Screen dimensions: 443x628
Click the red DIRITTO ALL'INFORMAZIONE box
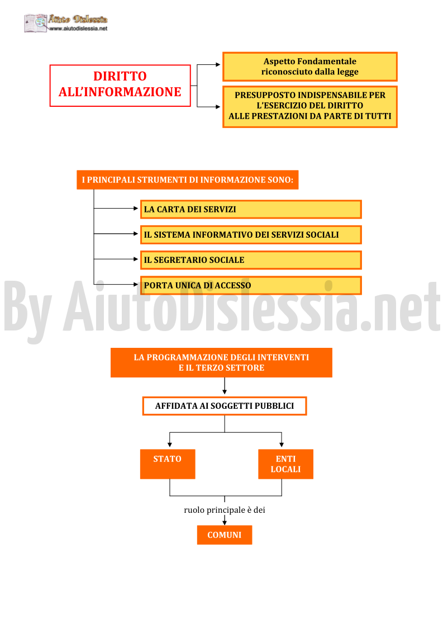click(x=120, y=86)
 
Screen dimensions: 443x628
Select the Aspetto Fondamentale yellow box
click(x=309, y=67)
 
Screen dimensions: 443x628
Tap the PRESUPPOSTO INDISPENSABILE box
click(x=309, y=107)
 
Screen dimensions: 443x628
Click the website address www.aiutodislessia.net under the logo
click(x=78, y=29)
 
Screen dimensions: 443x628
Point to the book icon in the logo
click(x=36, y=23)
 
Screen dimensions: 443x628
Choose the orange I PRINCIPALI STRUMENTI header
click(x=188, y=180)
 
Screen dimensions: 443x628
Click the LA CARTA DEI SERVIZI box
click(x=251, y=209)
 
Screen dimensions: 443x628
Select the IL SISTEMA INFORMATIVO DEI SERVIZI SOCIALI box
click(x=251, y=235)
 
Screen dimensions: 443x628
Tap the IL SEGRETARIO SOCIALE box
click(x=251, y=260)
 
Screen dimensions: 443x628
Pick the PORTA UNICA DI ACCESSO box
click(x=251, y=285)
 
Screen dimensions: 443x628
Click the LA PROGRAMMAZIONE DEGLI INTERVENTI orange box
click(x=221, y=362)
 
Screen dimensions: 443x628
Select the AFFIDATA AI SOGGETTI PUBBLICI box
click(x=225, y=406)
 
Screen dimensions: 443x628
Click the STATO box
click(x=168, y=464)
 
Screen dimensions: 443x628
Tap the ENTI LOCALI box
click(x=285, y=464)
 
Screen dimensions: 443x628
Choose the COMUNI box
click(x=225, y=535)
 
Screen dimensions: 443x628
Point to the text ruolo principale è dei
click(x=225, y=510)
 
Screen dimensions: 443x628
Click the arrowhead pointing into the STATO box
click(x=170, y=445)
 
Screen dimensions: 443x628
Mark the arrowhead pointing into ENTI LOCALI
click(x=282, y=445)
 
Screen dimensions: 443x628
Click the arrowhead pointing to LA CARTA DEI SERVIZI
click(x=136, y=208)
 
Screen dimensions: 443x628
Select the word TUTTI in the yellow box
click(x=378, y=116)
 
